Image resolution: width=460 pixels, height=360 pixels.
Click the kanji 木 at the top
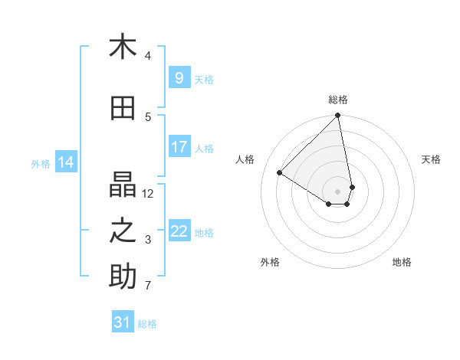pos(123,47)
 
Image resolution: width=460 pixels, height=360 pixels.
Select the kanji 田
pos(123,109)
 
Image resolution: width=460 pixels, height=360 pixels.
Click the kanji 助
pos(123,277)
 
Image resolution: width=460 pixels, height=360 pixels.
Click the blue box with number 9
pos(179,78)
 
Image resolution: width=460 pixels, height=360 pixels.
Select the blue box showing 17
pos(179,147)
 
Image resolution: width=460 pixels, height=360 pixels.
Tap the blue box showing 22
pos(179,231)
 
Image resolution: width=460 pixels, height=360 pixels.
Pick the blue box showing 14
pos(66,162)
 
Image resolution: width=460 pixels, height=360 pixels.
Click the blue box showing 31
pos(123,322)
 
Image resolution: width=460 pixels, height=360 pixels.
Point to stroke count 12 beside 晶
pos(148,193)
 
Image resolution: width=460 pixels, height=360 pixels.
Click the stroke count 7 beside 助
pos(148,286)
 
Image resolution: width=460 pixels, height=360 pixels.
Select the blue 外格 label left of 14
pos(41,163)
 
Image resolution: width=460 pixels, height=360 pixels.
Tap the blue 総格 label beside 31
pos(147,323)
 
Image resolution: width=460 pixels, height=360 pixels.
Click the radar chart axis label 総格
pos(338,100)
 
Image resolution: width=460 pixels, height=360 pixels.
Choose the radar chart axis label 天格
pos(431,159)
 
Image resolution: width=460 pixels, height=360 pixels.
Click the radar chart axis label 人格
pos(245,159)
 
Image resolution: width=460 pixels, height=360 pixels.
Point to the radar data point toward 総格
pos(338,116)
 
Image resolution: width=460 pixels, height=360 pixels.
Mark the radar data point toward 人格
pos(280,173)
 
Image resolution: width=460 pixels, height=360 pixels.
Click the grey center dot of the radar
pos(338,191)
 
